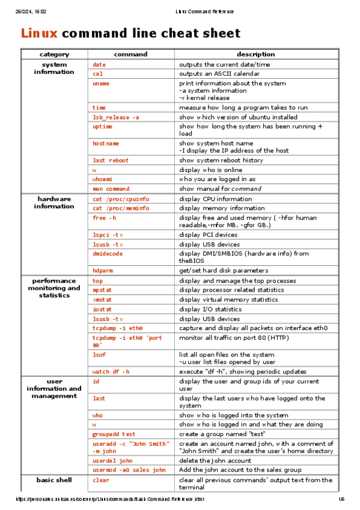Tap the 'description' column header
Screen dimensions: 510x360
(x=255, y=54)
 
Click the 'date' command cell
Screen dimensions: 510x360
(x=99, y=64)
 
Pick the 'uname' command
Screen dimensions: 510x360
(x=100, y=84)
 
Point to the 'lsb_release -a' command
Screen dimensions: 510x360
(x=115, y=117)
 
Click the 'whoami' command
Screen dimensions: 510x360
(x=102, y=179)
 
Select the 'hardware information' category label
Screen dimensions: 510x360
(x=54, y=203)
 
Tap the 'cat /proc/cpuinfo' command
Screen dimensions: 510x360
(x=121, y=199)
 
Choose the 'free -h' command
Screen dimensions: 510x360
(x=104, y=218)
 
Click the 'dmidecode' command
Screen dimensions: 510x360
(x=108, y=254)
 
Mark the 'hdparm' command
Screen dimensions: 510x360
(x=102, y=271)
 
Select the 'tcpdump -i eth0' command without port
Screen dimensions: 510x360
(x=117, y=328)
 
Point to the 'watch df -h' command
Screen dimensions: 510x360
(x=111, y=372)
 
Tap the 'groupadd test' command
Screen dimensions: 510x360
(x=114, y=434)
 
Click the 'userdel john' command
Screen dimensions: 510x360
(x=112, y=461)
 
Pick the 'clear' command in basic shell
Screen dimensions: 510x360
(x=100, y=481)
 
